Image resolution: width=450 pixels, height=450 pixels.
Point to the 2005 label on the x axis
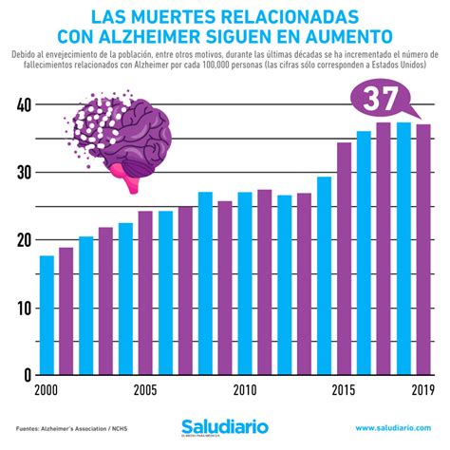145,389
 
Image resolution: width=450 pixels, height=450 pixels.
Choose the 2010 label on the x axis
245,389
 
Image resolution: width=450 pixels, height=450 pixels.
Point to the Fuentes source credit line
71,427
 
